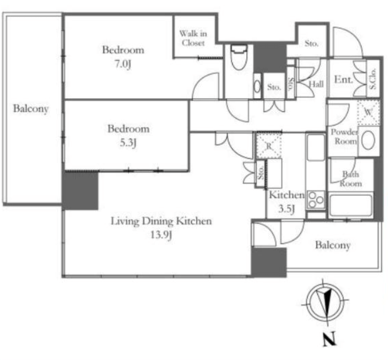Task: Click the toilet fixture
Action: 239,57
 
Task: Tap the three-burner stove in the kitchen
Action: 316,200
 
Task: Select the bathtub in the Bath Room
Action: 351,205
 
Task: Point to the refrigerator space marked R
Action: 269,146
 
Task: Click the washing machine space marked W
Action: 368,112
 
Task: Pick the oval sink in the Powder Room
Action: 368,140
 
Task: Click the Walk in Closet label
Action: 193,38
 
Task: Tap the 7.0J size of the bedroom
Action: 123,64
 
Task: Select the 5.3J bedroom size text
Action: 128,143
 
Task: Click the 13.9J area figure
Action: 161,235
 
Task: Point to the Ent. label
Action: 343,80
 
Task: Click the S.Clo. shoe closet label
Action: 373,79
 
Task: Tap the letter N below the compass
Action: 329,339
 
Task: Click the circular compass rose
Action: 325,302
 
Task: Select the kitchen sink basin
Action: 316,148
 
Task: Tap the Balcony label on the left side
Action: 30,109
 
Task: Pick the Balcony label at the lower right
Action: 333,245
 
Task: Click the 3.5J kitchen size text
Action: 286,209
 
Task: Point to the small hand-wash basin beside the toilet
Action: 257,87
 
